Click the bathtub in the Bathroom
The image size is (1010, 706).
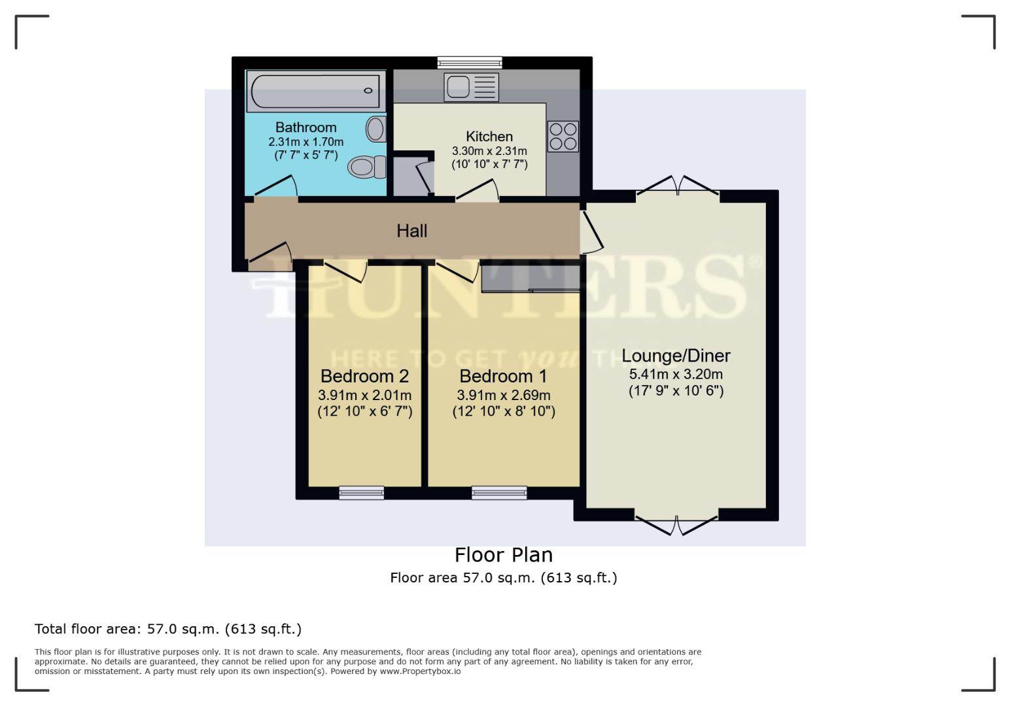coord(315,92)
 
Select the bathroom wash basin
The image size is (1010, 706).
coord(375,129)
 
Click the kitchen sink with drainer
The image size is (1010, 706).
coord(471,87)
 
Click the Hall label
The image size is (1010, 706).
coord(411,231)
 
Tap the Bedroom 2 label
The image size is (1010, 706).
coord(364,377)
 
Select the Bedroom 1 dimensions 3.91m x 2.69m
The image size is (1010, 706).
coord(503,395)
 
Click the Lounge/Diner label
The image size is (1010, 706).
coord(676,356)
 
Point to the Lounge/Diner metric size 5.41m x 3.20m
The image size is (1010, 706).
coord(676,375)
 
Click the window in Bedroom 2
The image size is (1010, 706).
coord(361,493)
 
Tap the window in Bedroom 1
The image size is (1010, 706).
coord(499,493)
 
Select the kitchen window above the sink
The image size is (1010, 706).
coord(470,63)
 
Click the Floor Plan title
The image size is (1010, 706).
coord(504,555)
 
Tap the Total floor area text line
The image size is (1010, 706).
coord(168,629)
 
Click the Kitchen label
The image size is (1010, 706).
coord(489,137)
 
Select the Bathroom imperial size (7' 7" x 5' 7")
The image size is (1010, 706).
coord(305,156)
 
